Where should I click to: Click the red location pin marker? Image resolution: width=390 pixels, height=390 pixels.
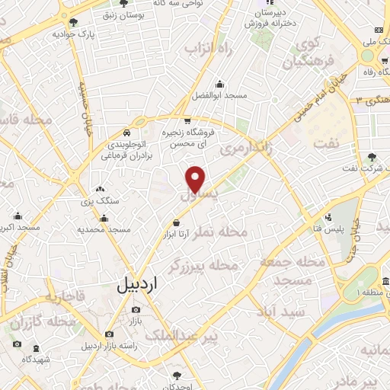coord(196,178)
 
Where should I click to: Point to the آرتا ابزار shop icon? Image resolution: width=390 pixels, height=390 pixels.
coord(177,222)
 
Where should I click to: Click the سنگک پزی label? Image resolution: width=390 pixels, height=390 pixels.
coord(100,201)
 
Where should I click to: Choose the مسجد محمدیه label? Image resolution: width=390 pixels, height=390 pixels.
coord(99,229)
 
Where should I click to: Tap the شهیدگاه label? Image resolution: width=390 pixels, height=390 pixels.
coord(36,359)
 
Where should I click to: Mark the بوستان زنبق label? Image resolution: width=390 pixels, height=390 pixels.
coord(126,13)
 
